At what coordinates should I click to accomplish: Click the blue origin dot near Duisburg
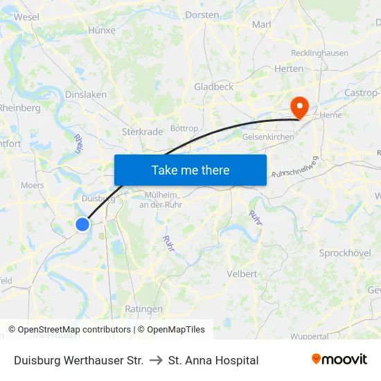82,224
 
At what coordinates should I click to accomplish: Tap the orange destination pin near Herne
300,107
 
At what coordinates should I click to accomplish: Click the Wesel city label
26,17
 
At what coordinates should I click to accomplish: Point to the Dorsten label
202,15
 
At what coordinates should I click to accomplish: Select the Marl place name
262,24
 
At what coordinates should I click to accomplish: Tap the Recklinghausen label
319,53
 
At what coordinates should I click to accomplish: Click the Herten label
289,69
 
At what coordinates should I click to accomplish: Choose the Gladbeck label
213,87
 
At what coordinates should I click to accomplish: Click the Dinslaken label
85,94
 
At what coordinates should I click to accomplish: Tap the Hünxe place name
102,30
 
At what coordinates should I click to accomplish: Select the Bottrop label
184,128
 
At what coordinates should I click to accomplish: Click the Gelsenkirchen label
268,137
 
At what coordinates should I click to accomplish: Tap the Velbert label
242,274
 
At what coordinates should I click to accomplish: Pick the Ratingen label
143,309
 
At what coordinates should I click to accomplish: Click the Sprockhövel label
345,253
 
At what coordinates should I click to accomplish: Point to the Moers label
33,185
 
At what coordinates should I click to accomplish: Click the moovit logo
339,360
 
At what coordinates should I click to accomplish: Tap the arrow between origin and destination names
156,360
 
